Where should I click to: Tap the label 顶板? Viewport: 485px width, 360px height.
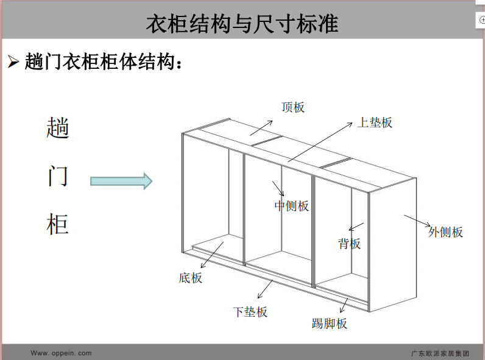point(293,107)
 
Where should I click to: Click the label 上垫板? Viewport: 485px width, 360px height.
point(375,122)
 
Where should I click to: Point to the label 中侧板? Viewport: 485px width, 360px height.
point(292,206)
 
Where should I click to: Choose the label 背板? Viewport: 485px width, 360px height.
point(350,244)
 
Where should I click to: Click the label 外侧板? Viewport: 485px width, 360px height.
point(445,231)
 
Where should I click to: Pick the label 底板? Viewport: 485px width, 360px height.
point(191,278)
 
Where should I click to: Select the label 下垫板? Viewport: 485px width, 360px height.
point(250,312)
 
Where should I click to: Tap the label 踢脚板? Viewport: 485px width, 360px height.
point(330,323)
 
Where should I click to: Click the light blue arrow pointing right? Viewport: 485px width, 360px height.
point(121,181)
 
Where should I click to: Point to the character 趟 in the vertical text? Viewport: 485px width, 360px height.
point(58,128)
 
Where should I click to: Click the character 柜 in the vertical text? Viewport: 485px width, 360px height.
point(58,225)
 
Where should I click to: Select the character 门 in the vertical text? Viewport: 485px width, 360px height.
point(58,177)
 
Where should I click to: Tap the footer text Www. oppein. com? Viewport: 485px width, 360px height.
point(61,353)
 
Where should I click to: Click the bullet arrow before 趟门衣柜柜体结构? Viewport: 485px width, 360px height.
point(13,62)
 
